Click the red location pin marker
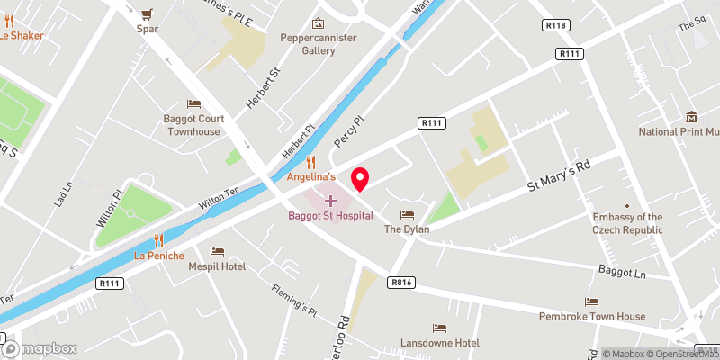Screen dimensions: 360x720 pyautogui.click(x=360, y=178)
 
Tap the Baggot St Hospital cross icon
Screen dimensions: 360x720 pyautogui.click(x=330, y=200)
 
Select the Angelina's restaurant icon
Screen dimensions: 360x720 pyautogui.click(x=311, y=163)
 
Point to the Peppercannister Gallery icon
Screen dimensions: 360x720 pyautogui.click(x=317, y=23)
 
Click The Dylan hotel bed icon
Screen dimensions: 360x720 pyautogui.click(x=407, y=215)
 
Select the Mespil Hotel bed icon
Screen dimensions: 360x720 pyautogui.click(x=216, y=252)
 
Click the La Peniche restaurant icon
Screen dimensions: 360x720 pyautogui.click(x=158, y=240)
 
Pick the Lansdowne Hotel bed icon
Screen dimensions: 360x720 pyautogui.click(x=439, y=328)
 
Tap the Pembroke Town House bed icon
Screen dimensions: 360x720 pyautogui.click(x=591, y=301)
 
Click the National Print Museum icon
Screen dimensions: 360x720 pyautogui.click(x=691, y=117)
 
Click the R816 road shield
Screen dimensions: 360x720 pyautogui.click(x=401, y=283)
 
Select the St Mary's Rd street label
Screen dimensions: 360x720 pyautogui.click(x=558, y=178)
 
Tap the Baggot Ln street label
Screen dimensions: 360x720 pyautogui.click(x=623, y=270)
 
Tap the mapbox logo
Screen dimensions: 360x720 pyautogui.click(x=40, y=348)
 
